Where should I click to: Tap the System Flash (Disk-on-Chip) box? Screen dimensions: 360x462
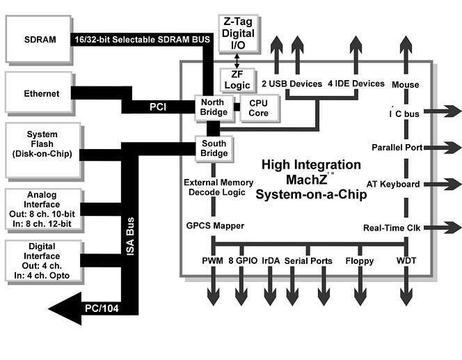(x=41, y=145)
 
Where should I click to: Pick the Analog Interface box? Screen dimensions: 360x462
(x=41, y=210)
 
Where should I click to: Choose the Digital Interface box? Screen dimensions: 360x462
(x=41, y=262)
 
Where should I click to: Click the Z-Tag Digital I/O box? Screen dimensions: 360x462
(x=238, y=33)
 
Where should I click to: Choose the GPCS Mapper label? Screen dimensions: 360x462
(x=214, y=226)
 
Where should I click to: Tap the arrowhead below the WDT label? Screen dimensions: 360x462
(x=406, y=298)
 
